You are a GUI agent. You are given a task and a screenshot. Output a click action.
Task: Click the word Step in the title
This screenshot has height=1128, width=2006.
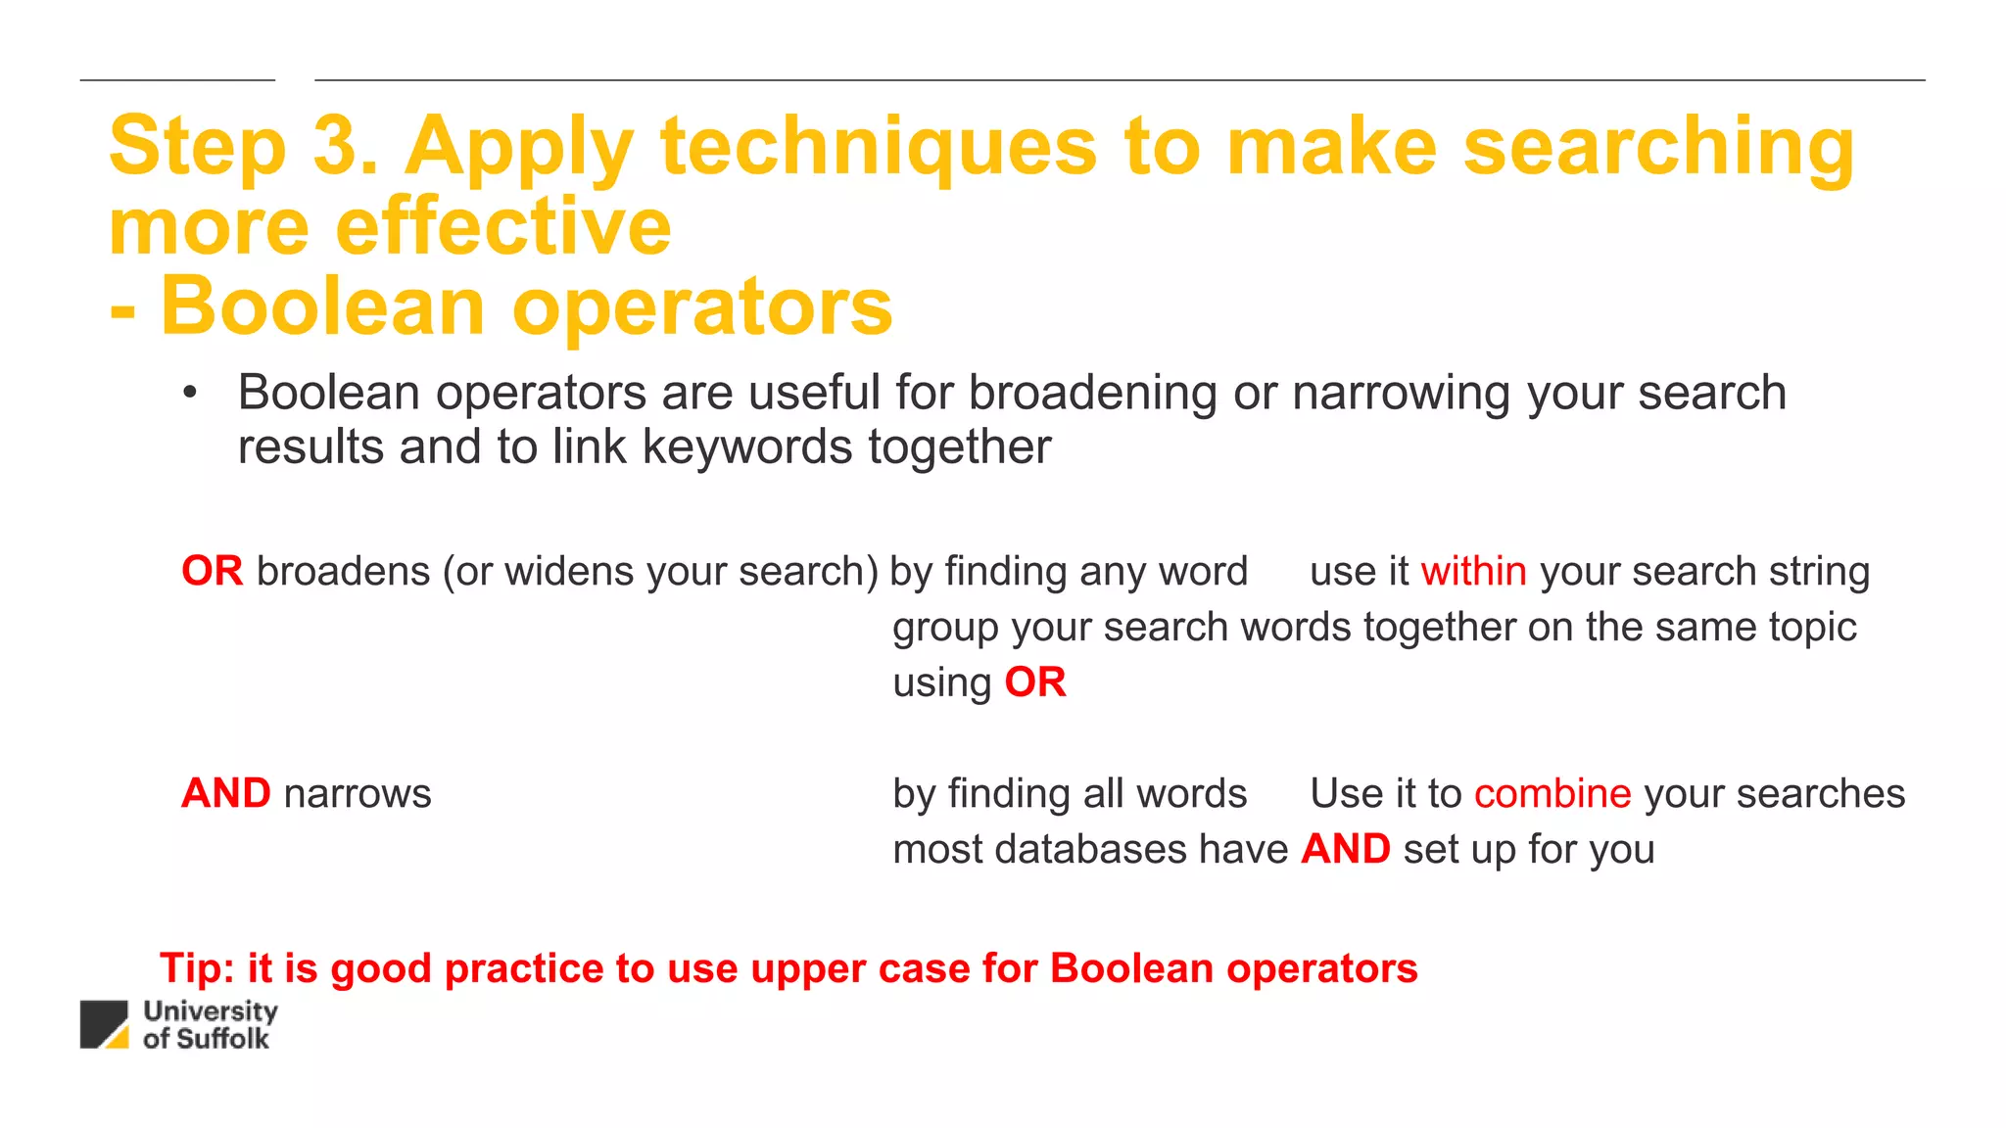point(197,147)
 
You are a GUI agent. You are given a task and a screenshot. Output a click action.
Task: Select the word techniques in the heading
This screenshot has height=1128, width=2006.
point(879,147)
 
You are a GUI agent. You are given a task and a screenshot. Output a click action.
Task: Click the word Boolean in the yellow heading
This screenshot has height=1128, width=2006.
point(322,306)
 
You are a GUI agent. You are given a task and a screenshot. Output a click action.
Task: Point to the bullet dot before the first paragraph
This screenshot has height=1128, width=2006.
point(190,394)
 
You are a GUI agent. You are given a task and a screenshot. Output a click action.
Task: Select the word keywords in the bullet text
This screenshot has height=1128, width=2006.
point(746,447)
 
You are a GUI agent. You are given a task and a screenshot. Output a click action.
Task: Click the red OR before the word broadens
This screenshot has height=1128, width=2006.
point(212,571)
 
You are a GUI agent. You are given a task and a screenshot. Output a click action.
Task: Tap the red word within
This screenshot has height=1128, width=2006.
point(1473,571)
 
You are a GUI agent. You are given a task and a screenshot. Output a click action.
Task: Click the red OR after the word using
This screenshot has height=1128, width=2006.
point(1034,682)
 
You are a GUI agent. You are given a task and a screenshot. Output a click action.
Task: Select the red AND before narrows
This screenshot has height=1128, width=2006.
point(225,793)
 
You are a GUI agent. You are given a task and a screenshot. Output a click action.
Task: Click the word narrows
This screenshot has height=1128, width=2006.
point(357,794)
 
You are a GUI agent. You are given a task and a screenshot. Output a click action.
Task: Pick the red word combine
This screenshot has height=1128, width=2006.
point(1552,793)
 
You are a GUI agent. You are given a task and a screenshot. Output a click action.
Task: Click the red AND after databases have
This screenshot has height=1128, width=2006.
point(1345,849)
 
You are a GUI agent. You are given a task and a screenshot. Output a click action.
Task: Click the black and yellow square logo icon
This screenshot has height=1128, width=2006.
point(104,1024)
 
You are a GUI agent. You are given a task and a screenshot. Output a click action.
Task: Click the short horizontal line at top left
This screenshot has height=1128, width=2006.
point(177,80)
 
